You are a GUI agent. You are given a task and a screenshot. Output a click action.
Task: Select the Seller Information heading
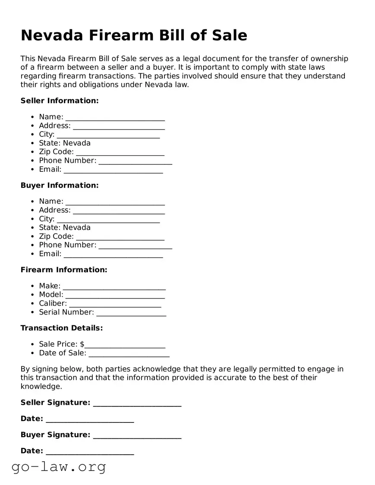point(60,101)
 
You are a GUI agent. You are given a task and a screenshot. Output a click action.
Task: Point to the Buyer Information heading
point(60,185)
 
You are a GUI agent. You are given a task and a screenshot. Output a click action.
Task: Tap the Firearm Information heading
point(64,270)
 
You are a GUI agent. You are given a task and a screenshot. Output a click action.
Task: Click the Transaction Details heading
point(62,328)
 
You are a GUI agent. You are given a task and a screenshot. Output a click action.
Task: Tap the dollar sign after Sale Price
point(82,344)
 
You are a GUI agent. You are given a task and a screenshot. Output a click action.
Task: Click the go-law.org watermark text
point(59,466)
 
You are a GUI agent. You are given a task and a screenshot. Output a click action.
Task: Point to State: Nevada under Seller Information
point(65,143)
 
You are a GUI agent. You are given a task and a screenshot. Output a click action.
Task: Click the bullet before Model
point(33,295)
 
